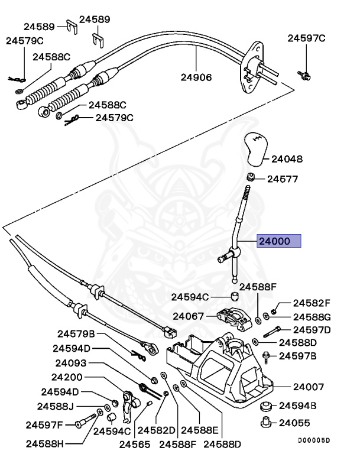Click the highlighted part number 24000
click(x=278, y=241)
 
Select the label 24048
click(x=287, y=159)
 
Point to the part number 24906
click(x=196, y=77)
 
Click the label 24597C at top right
click(x=307, y=38)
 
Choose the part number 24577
click(x=283, y=179)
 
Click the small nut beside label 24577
click(x=251, y=177)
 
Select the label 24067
click(x=188, y=316)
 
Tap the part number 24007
click(x=309, y=387)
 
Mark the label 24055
click(x=294, y=423)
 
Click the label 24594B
click(x=298, y=406)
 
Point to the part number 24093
click(x=72, y=363)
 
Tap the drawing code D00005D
click(x=314, y=440)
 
